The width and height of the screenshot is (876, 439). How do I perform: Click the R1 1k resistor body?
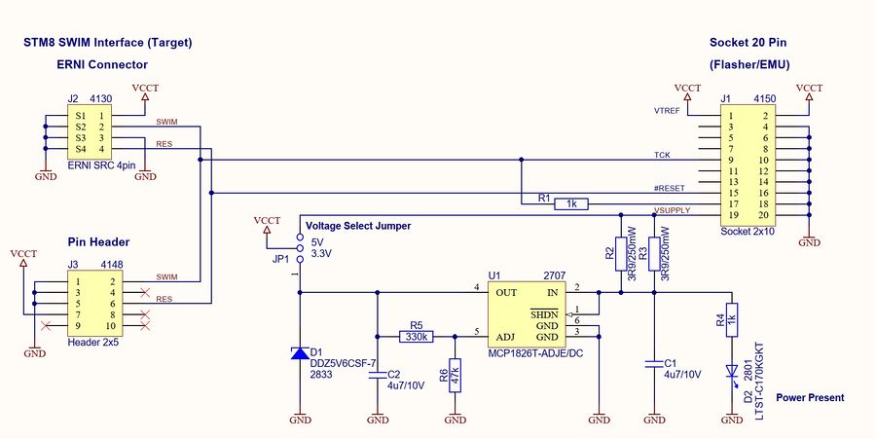pyautogui.click(x=571, y=204)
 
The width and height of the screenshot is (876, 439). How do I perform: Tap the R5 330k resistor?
pyautogui.click(x=416, y=337)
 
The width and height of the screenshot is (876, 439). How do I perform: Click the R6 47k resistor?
pyautogui.click(x=455, y=374)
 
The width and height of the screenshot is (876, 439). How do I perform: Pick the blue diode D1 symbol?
pyautogui.click(x=300, y=354)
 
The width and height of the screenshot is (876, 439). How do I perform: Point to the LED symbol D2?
pyautogui.click(x=731, y=371)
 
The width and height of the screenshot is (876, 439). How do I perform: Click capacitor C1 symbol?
pyautogui.click(x=654, y=365)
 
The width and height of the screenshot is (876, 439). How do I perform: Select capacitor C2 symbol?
pyautogui.click(x=377, y=374)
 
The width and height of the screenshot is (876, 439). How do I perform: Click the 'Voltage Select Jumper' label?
pyautogui.click(x=358, y=226)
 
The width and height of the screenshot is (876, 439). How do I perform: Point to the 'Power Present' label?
pyautogui.click(x=810, y=397)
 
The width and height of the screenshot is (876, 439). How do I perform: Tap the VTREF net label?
pyautogui.click(x=667, y=111)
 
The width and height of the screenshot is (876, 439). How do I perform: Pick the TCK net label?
pyautogui.click(x=662, y=155)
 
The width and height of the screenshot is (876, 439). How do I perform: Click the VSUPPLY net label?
pyautogui.click(x=672, y=210)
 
